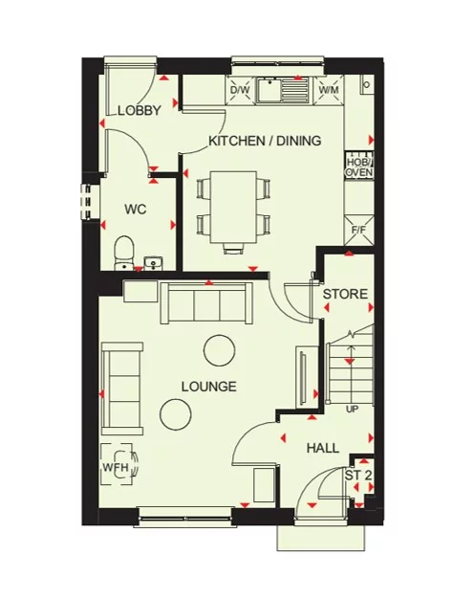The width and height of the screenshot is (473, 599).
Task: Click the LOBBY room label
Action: point(140,111)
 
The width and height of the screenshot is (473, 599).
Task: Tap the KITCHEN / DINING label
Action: point(265,142)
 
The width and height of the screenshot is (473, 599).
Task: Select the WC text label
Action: point(135,209)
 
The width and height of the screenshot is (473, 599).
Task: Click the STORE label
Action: point(344,294)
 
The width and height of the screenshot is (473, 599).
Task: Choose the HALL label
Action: point(324,448)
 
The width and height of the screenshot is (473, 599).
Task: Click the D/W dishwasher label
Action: point(240,90)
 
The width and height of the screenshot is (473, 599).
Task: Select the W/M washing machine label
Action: point(329,90)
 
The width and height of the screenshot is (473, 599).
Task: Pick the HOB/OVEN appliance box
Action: point(358,166)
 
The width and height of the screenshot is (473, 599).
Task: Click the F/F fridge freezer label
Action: point(359,230)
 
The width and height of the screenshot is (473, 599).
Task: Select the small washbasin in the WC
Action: point(155,261)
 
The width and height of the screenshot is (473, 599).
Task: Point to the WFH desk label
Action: point(116,468)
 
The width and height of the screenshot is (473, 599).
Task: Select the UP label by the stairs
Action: point(352,409)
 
